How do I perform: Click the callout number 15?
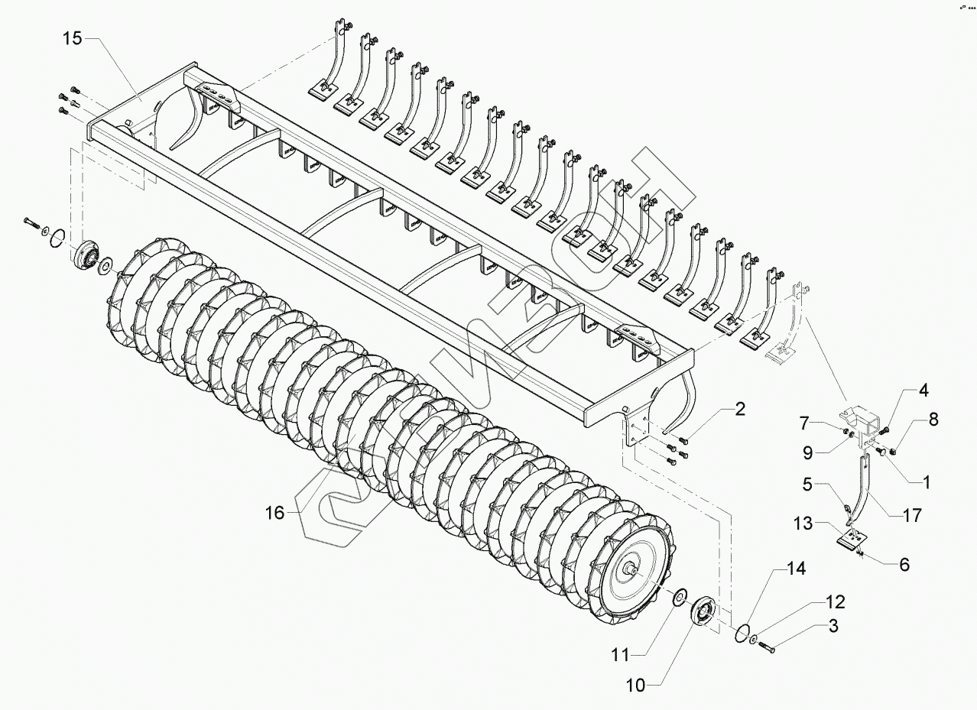72,40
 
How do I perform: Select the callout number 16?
275,513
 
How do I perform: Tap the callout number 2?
740,409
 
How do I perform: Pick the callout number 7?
826,422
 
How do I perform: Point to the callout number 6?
904,565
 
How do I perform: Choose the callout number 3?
833,627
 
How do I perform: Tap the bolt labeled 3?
766,649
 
